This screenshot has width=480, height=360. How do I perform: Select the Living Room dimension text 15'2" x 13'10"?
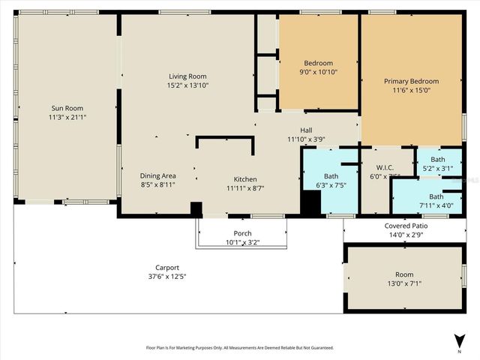click(187, 85)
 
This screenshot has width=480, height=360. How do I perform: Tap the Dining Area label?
click(157, 175)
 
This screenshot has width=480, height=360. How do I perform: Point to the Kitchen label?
click(245, 179)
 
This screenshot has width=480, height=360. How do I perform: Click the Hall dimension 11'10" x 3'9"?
click(306, 139)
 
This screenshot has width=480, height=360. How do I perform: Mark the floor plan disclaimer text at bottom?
click(239, 348)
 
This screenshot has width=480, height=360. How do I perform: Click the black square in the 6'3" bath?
click(310, 202)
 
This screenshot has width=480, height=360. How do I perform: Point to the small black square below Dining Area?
click(196, 209)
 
